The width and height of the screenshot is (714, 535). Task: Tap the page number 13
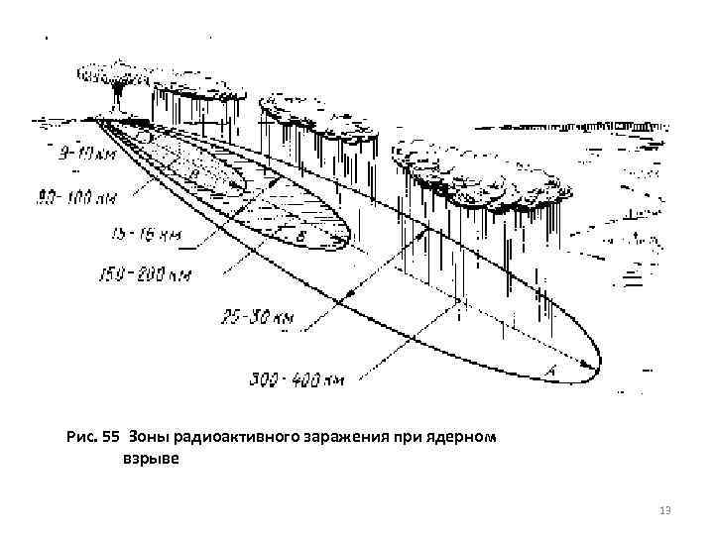(x=664, y=509)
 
